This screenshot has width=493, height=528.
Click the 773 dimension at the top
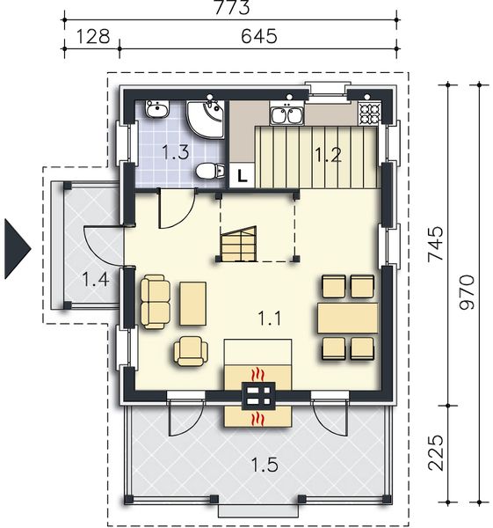(232, 7)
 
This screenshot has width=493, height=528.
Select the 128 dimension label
(93, 36)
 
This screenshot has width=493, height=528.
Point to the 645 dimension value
(259, 36)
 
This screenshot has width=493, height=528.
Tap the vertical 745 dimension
(436, 244)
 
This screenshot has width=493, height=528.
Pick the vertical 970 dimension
(467, 292)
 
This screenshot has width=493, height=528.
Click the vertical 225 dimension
(436, 453)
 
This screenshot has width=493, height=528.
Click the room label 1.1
(269, 319)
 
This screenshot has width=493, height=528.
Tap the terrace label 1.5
(265, 466)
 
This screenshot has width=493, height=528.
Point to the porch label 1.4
(96, 280)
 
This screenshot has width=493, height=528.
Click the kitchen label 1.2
(328, 155)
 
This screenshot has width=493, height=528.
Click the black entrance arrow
(18, 249)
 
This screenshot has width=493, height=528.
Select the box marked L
(243, 175)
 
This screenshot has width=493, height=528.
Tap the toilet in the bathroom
(210, 171)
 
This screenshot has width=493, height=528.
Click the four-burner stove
(370, 112)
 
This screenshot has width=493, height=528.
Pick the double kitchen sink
(286, 114)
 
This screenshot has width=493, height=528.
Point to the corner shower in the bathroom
(206, 119)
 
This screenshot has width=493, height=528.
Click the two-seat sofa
(156, 302)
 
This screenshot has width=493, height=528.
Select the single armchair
(191, 351)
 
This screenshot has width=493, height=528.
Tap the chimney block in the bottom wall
(258, 396)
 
